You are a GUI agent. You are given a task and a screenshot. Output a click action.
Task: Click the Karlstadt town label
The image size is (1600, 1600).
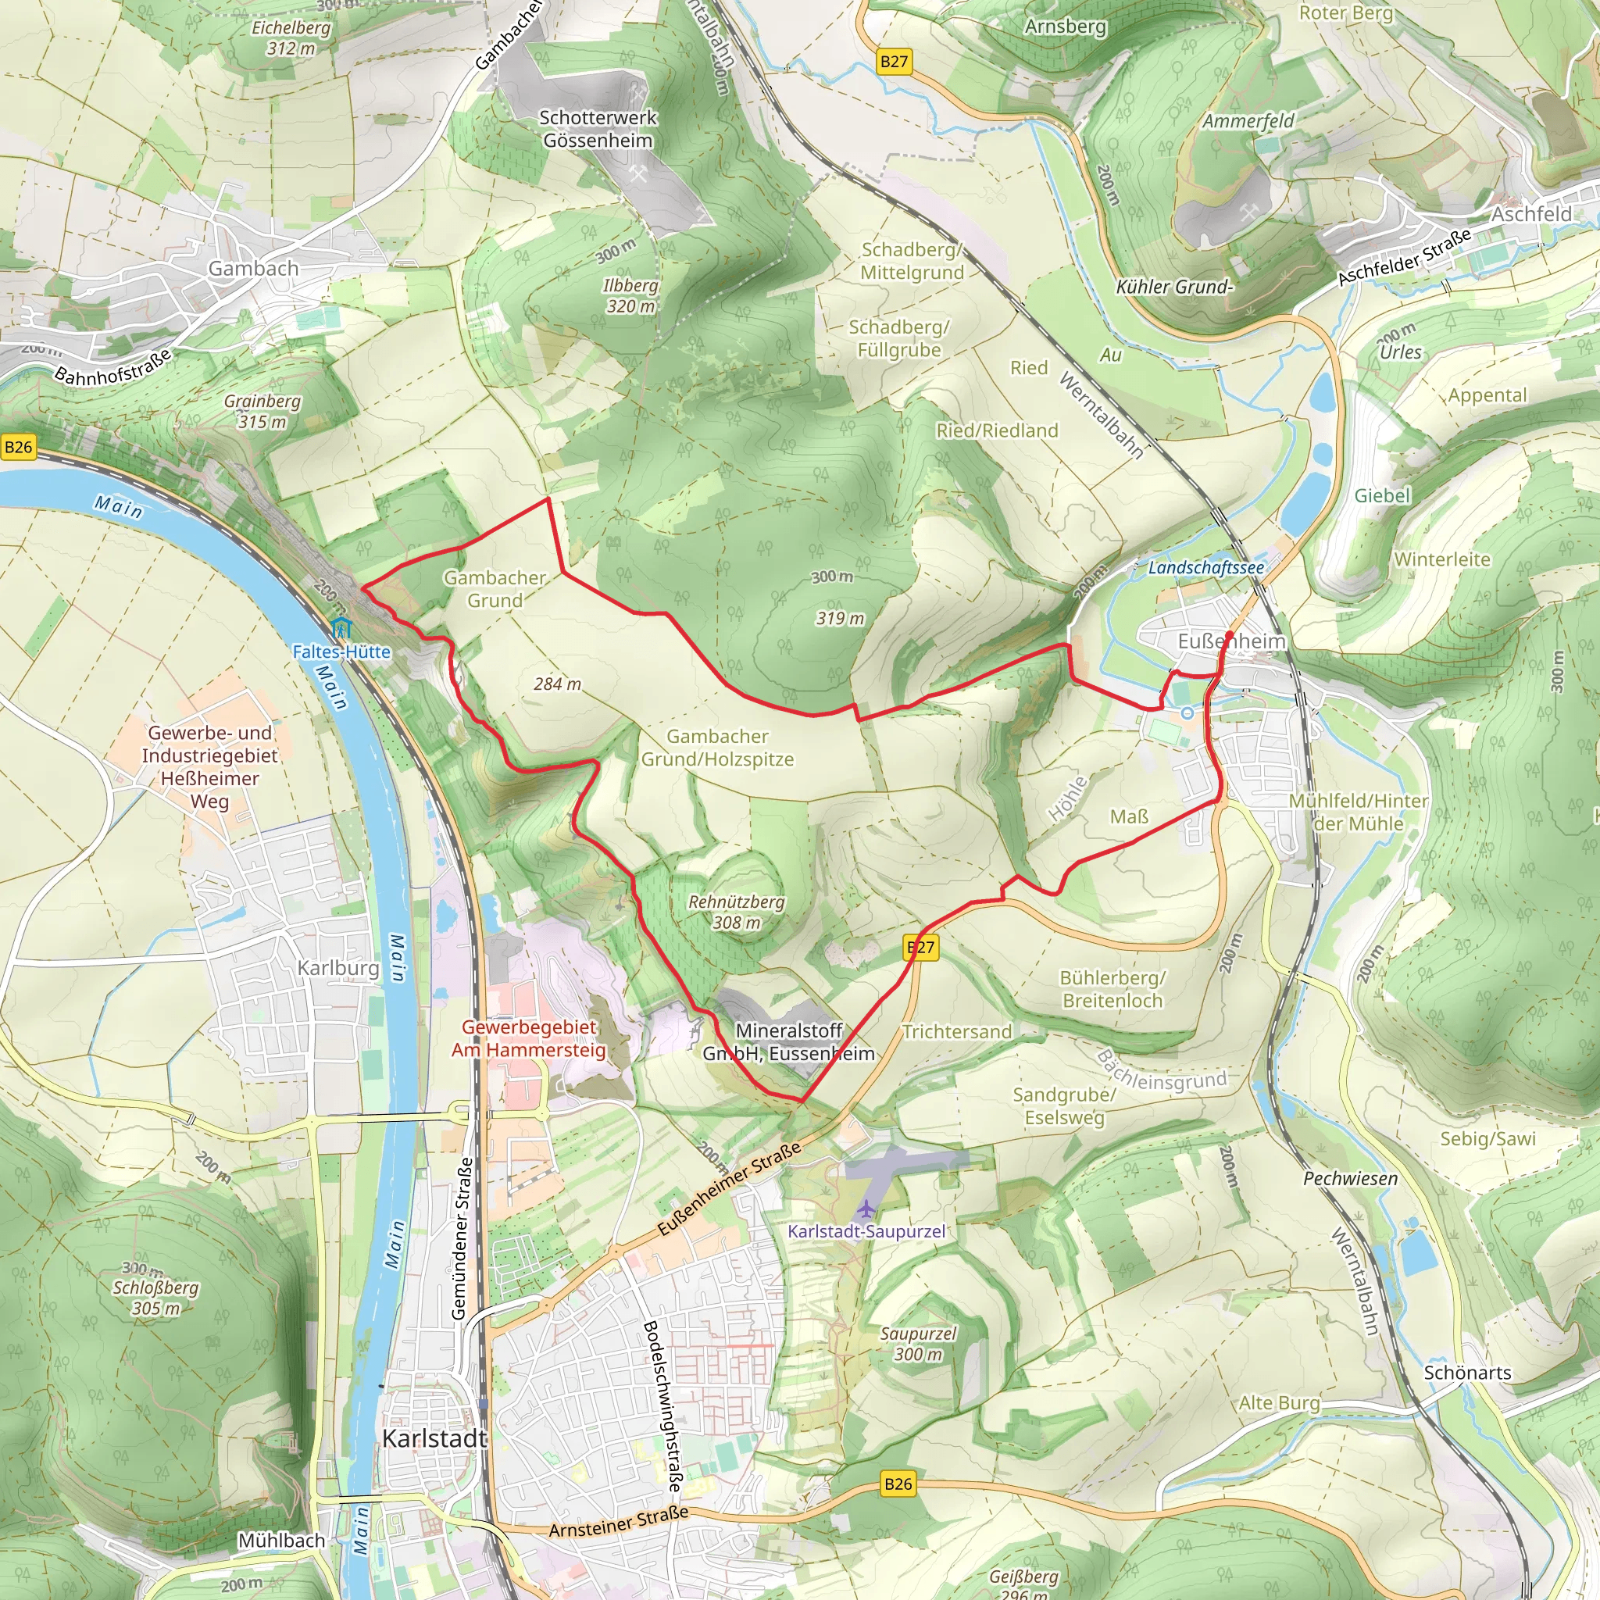434,1438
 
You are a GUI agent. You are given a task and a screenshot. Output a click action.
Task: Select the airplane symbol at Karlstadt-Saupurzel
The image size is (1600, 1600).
866,1209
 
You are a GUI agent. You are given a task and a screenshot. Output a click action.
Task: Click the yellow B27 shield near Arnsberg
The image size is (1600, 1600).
894,61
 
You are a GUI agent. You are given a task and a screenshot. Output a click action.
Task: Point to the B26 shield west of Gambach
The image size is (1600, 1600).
18,447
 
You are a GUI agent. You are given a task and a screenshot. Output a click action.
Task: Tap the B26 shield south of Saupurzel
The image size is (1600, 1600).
898,1484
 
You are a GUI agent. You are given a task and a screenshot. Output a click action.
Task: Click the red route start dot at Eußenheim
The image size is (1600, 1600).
1229,635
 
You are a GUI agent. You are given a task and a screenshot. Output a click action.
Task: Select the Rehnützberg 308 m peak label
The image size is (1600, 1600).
736,912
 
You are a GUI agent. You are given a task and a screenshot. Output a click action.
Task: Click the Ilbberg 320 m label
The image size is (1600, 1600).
630,295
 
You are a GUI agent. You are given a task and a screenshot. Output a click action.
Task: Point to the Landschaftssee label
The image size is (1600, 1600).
1205,568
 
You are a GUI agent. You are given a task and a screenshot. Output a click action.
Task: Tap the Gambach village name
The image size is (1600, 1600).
252,268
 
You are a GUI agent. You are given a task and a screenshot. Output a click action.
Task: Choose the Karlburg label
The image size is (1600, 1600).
337,967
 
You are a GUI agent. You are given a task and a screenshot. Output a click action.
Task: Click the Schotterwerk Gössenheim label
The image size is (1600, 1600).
598,129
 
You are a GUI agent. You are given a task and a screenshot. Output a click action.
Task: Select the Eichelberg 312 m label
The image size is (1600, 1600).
291,38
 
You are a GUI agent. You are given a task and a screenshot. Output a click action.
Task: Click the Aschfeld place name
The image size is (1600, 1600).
1531,213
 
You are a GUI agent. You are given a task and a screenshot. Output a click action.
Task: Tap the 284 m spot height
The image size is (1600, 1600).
557,684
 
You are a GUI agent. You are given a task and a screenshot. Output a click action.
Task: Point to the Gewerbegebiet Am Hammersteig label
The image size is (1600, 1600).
528,1038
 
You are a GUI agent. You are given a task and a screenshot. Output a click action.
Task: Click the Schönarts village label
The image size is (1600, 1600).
1467,1372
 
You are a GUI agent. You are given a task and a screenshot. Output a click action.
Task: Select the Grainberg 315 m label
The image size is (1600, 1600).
262,412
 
